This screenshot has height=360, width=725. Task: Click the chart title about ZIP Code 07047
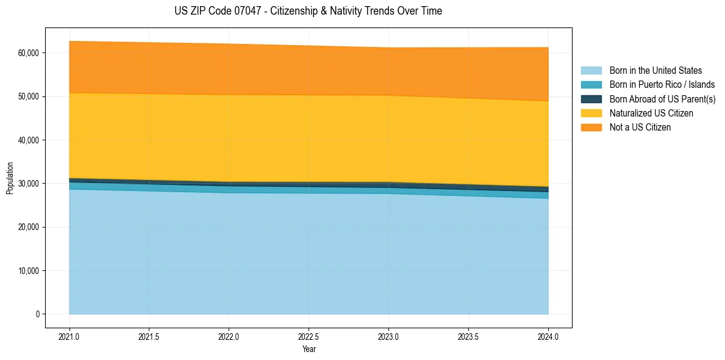pyautogui.click(x=308, y=11)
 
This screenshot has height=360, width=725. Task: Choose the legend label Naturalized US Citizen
pyautogui.click(x=651, y=113)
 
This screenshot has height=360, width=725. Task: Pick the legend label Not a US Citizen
pyautogui.click(x=640, y=128)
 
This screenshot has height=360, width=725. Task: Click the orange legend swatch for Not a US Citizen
pyautogui.click(x=591, y=128)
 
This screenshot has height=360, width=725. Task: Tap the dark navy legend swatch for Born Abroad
pyautogui.click(x=591, y=99)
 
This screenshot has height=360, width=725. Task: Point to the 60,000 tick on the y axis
pyautogui.click(x=28, y=53)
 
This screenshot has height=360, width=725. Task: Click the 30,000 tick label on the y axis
pyautogui.click(x=28, y=184)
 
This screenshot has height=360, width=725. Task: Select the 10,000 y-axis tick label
pyautogui.click(x=28, y=271)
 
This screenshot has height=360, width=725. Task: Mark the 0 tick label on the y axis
pyautogui.click(x=37, y=314)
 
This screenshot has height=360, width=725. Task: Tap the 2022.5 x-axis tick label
pyautogui.click(x=309, y=336)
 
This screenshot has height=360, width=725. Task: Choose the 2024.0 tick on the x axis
pyautogui.click(x=548, y=336)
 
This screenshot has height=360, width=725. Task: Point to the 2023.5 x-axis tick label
pyautogui.click(x=468, y=336)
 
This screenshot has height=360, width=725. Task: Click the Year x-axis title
pyautogui.click(x=309, y=349)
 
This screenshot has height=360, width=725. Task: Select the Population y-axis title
pyautogui.click(x=10, y=178)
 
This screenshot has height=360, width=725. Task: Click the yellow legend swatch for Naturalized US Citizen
pyautogui.click(x=591, y=113)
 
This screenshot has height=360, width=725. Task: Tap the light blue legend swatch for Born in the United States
pyautogui.click(x=591, y=71)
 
